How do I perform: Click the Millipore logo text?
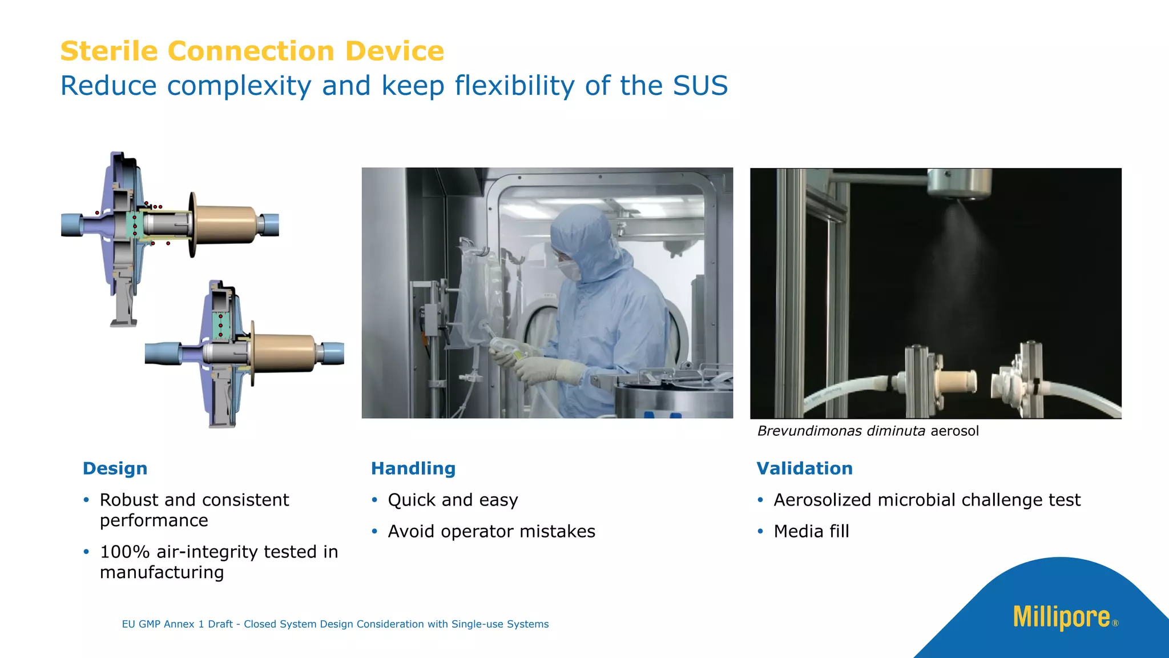[x=1061, y=617]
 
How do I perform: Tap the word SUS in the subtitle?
[x=700, y=86]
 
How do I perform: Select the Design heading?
[x=115, y=468]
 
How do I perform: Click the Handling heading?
[x=413, y=468]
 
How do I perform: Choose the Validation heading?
[x=804, y=468]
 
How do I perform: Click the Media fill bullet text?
[x=811, y=531]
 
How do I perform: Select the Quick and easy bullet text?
[x=453, y=500]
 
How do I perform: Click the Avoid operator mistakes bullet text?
[x=491, y=531]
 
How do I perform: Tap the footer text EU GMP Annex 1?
[x=177, y=624]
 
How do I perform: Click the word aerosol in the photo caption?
[x=954, y=431]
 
